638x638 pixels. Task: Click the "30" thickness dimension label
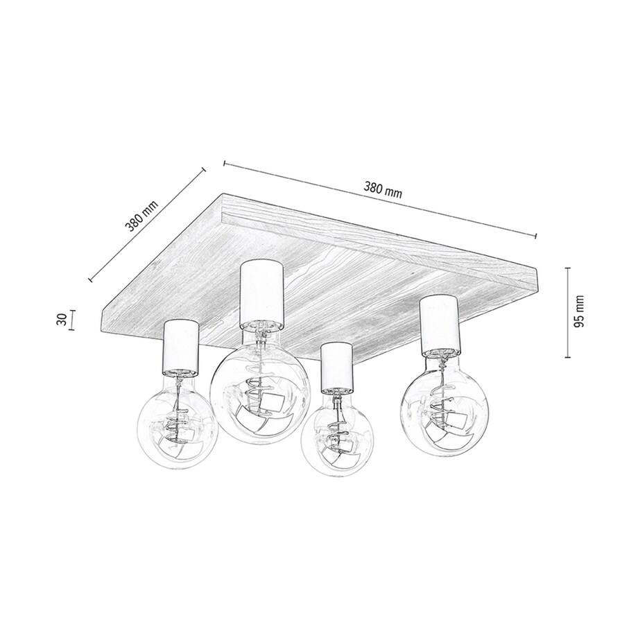click(61, 320)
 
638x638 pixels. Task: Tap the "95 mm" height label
click(580, 310)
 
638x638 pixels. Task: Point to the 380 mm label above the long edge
click(382, 190)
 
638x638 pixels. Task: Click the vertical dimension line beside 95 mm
click(568, 311)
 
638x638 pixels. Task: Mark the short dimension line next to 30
click(74, 320)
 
